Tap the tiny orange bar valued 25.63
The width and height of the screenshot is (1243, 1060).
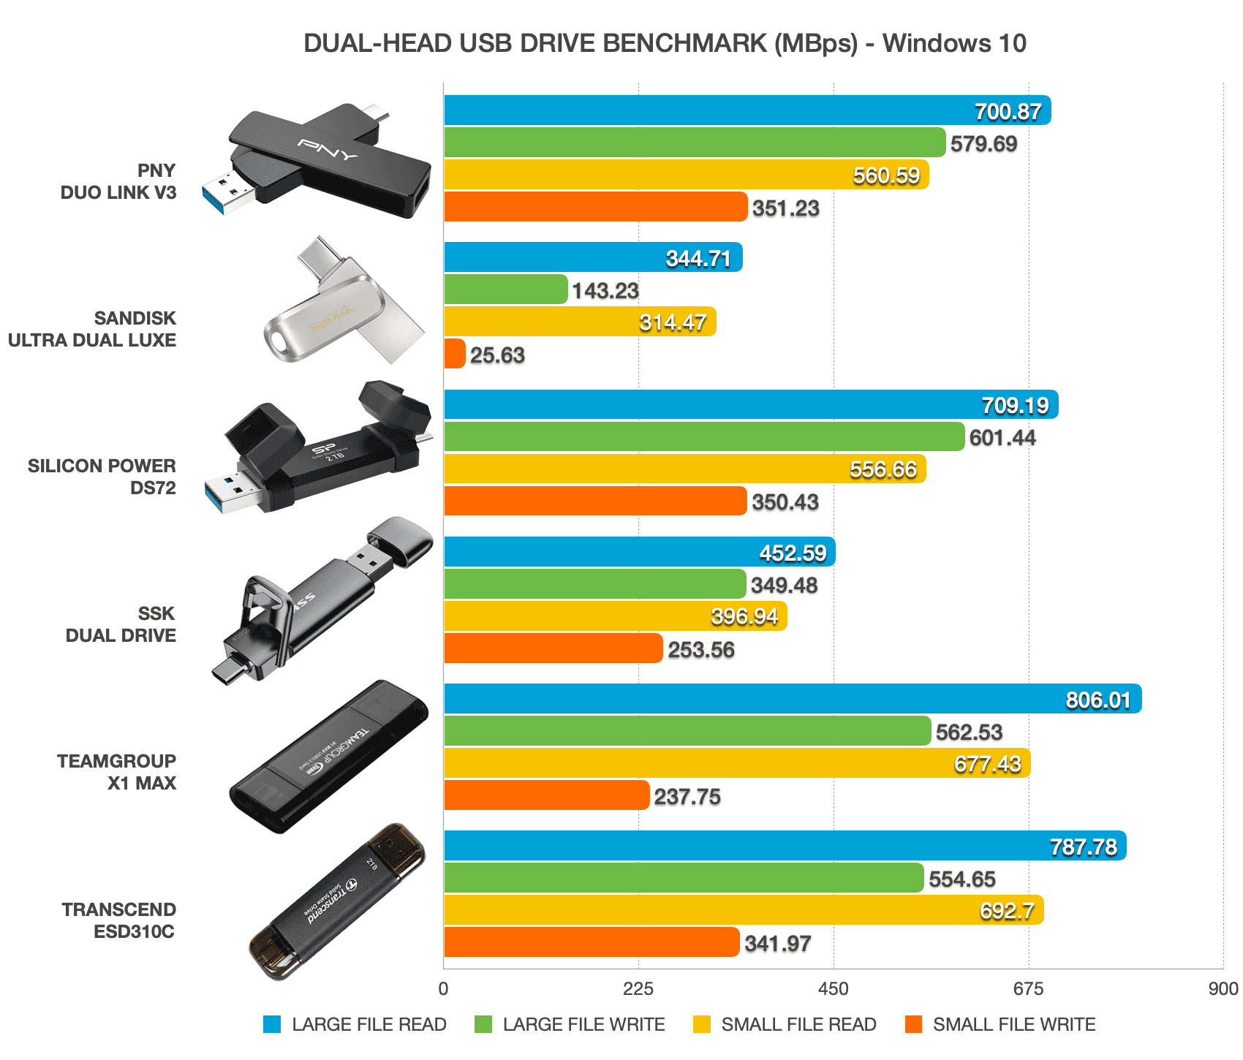(x=454, y=354)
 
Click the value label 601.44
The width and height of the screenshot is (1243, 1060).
(x=1002, y=438)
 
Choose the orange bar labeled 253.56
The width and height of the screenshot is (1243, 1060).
(x=553, y=648)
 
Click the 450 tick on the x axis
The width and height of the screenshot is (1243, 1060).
(x=834, y=990)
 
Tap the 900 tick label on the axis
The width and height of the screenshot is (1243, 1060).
(x=1223, y=990)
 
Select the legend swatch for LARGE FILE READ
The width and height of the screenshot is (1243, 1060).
(x=272, y=1025)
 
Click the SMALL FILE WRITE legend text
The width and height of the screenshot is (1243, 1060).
(x=1013, y=1025)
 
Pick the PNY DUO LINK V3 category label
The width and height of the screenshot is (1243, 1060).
(x=118, y=181)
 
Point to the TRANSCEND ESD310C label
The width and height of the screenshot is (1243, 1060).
(x=118, y=920)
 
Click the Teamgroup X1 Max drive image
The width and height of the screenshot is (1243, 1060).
(x=329, y=757)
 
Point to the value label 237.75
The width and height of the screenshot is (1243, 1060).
(x=687, y=796)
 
